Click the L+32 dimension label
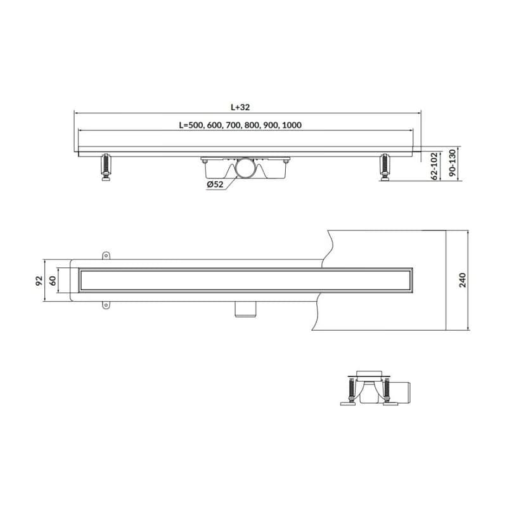[x=240, y=107]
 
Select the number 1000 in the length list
[x=292, y=125]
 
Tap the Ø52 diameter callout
[x=215, y=184]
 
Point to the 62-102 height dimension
[x=435, y=166]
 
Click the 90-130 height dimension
[x=452, y=163]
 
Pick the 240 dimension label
[x=463, y=280]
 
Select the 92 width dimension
[x=39, y=280]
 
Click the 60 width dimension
[x=53, y=280]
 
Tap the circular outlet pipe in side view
[x=245, y=168]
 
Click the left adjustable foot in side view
[x=106, y=167]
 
